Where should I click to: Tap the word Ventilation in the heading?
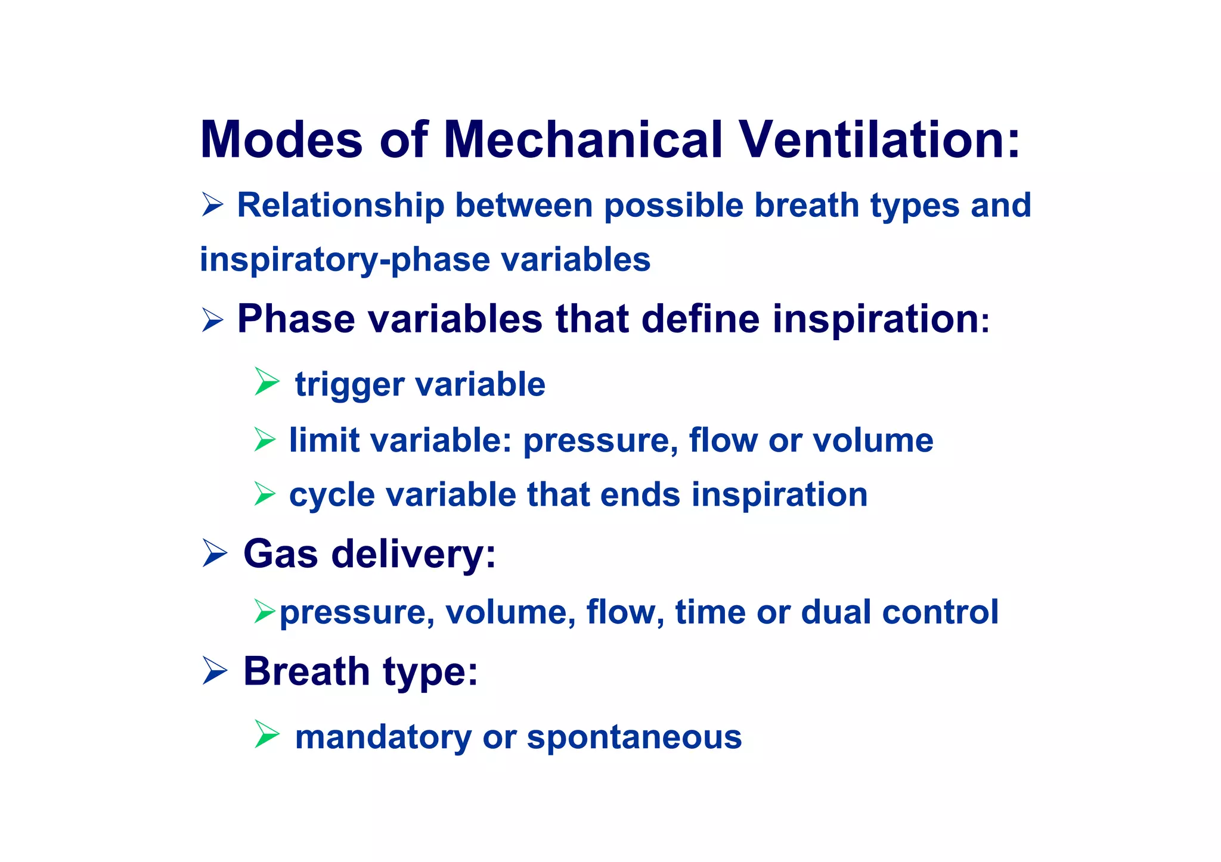(879, 140)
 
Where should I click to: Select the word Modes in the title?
(281, 140)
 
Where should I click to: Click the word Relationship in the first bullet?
(340, 206)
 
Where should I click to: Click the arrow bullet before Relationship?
(212, 205)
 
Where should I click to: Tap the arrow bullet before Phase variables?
(212, 320)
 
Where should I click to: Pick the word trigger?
(349, 385)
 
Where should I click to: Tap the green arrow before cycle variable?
(265, 494)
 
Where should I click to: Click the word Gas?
(281, 554)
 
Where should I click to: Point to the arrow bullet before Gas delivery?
(214, 553)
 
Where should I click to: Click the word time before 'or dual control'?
(709, 612)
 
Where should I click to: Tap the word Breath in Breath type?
(306, 671)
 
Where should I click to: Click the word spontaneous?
(634, 737)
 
